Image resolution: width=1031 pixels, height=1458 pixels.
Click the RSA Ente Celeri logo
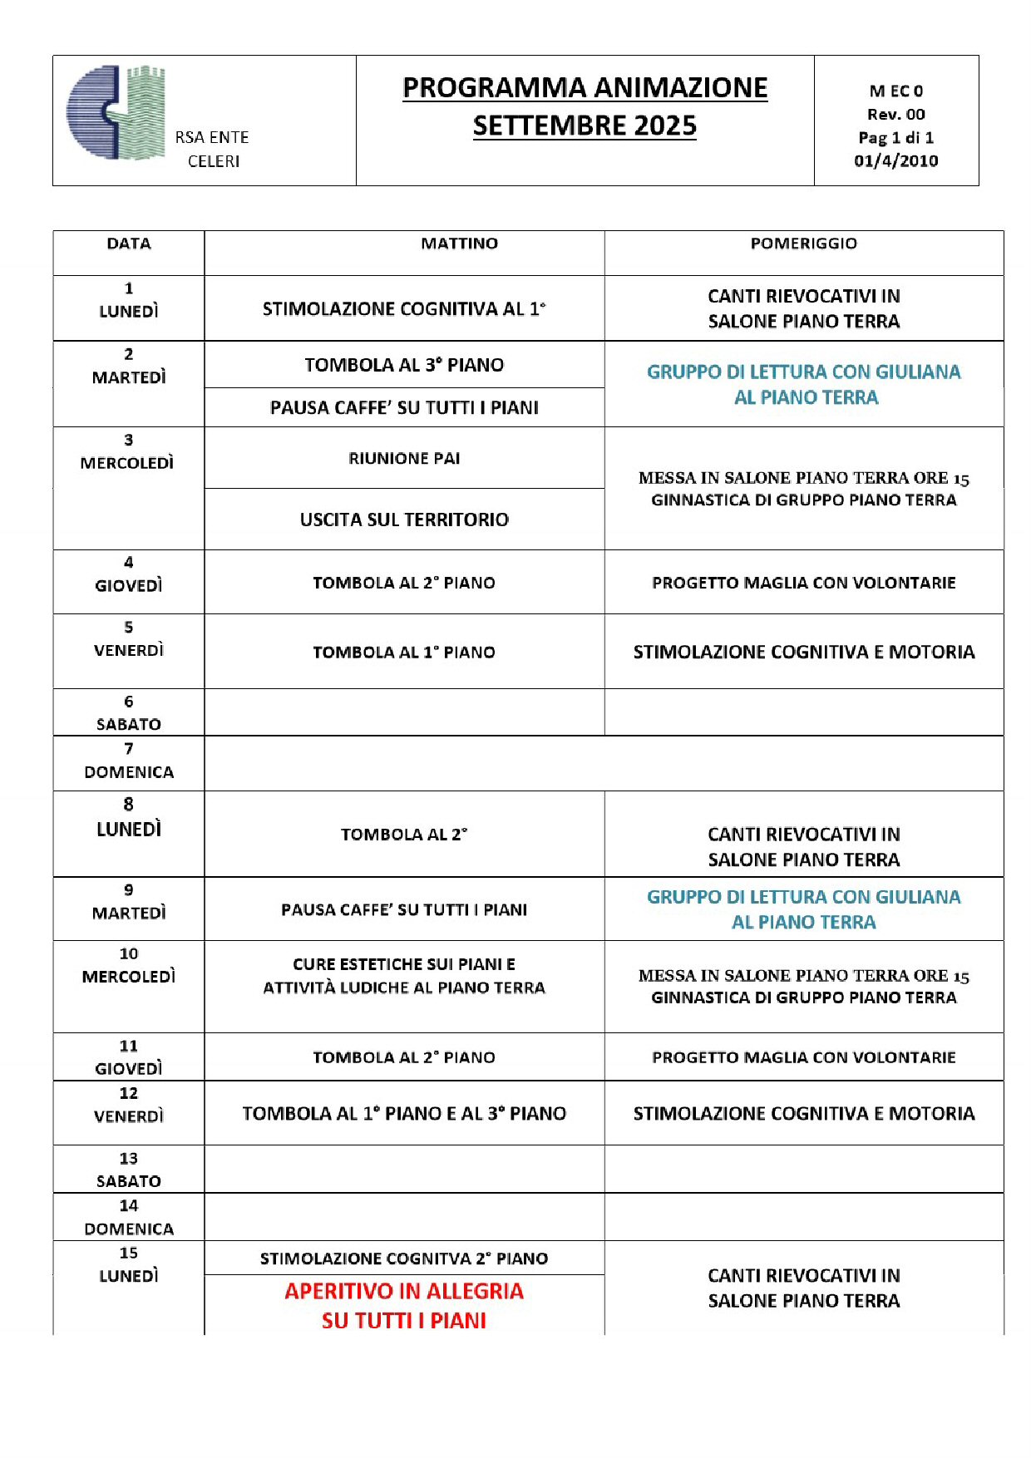coord(116,112)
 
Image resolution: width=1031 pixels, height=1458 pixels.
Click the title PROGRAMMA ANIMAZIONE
coord(585,88)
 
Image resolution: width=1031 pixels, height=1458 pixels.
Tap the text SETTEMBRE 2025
coord(585,126)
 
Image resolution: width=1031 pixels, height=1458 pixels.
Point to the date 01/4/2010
coord(895,161)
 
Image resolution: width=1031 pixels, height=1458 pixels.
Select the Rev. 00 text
coord(895,115)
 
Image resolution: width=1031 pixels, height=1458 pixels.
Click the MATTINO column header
coord(459,244)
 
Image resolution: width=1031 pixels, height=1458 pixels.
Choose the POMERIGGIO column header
coord(803,244)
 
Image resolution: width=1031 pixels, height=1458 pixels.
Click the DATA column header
coord(129,244)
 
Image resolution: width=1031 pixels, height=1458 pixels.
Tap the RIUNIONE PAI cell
coord(404,459)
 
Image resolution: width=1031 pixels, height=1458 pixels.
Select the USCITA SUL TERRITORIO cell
coord(404,520)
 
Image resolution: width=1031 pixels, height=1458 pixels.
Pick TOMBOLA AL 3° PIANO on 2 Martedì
coord(404,365)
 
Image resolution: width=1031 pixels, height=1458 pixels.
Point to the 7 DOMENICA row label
coord(129,761)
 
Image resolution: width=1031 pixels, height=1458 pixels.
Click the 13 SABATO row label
coord(129,1170)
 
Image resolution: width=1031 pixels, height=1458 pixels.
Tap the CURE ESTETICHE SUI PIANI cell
coord(404,976)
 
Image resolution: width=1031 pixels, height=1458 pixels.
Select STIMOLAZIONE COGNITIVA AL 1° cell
coord(404,309)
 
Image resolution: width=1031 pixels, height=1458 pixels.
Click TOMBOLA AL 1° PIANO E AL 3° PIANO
coord(404,1114)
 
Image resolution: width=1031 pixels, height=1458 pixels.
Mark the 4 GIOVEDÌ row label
coord(129,574)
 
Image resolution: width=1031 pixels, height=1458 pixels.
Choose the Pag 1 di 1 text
coord(895,138)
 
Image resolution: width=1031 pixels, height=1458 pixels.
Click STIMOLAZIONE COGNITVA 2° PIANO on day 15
coord(404,1259)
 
